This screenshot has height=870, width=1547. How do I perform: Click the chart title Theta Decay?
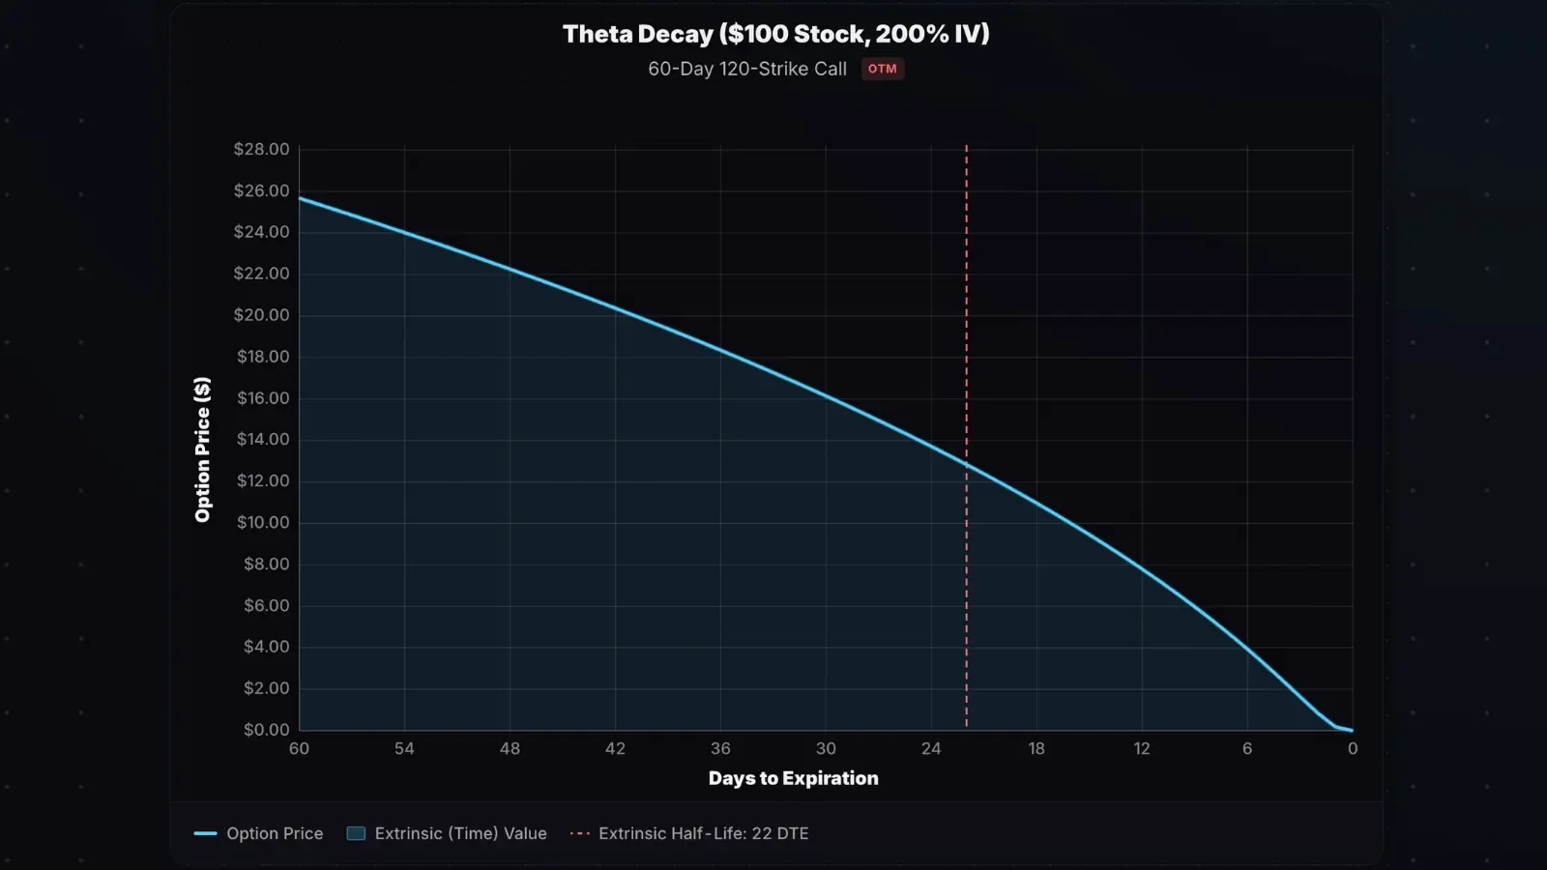pos(775,34)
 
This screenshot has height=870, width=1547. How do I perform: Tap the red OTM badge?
pos(882,69)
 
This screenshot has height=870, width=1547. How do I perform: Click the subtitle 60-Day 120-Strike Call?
pos(746,69)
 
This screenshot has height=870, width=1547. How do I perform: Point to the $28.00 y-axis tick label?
pos(261,149)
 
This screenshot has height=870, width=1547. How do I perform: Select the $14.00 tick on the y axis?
pos(263,439)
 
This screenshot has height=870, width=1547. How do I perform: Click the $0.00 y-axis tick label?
pos(266,730)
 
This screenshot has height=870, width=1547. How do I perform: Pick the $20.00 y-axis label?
pos(261,315)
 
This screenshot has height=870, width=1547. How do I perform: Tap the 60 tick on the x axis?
pos(299,749)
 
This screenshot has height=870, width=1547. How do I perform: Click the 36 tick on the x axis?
pos(720,749)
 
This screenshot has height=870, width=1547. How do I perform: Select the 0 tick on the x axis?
pos(1352,749)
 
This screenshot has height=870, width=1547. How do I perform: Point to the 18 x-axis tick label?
pos(1036,749)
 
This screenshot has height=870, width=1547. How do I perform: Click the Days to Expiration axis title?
pos(793,779)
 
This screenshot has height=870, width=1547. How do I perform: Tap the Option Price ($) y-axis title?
pos(202,449)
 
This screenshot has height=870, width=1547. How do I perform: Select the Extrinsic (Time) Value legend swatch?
pos(356,833)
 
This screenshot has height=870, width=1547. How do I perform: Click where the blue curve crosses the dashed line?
pos(966,465)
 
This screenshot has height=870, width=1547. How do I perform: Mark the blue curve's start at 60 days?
pos(301,198)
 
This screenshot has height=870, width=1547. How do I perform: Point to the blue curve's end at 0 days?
pos(1351,730)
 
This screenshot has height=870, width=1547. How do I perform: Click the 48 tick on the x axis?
pos(510,749)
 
